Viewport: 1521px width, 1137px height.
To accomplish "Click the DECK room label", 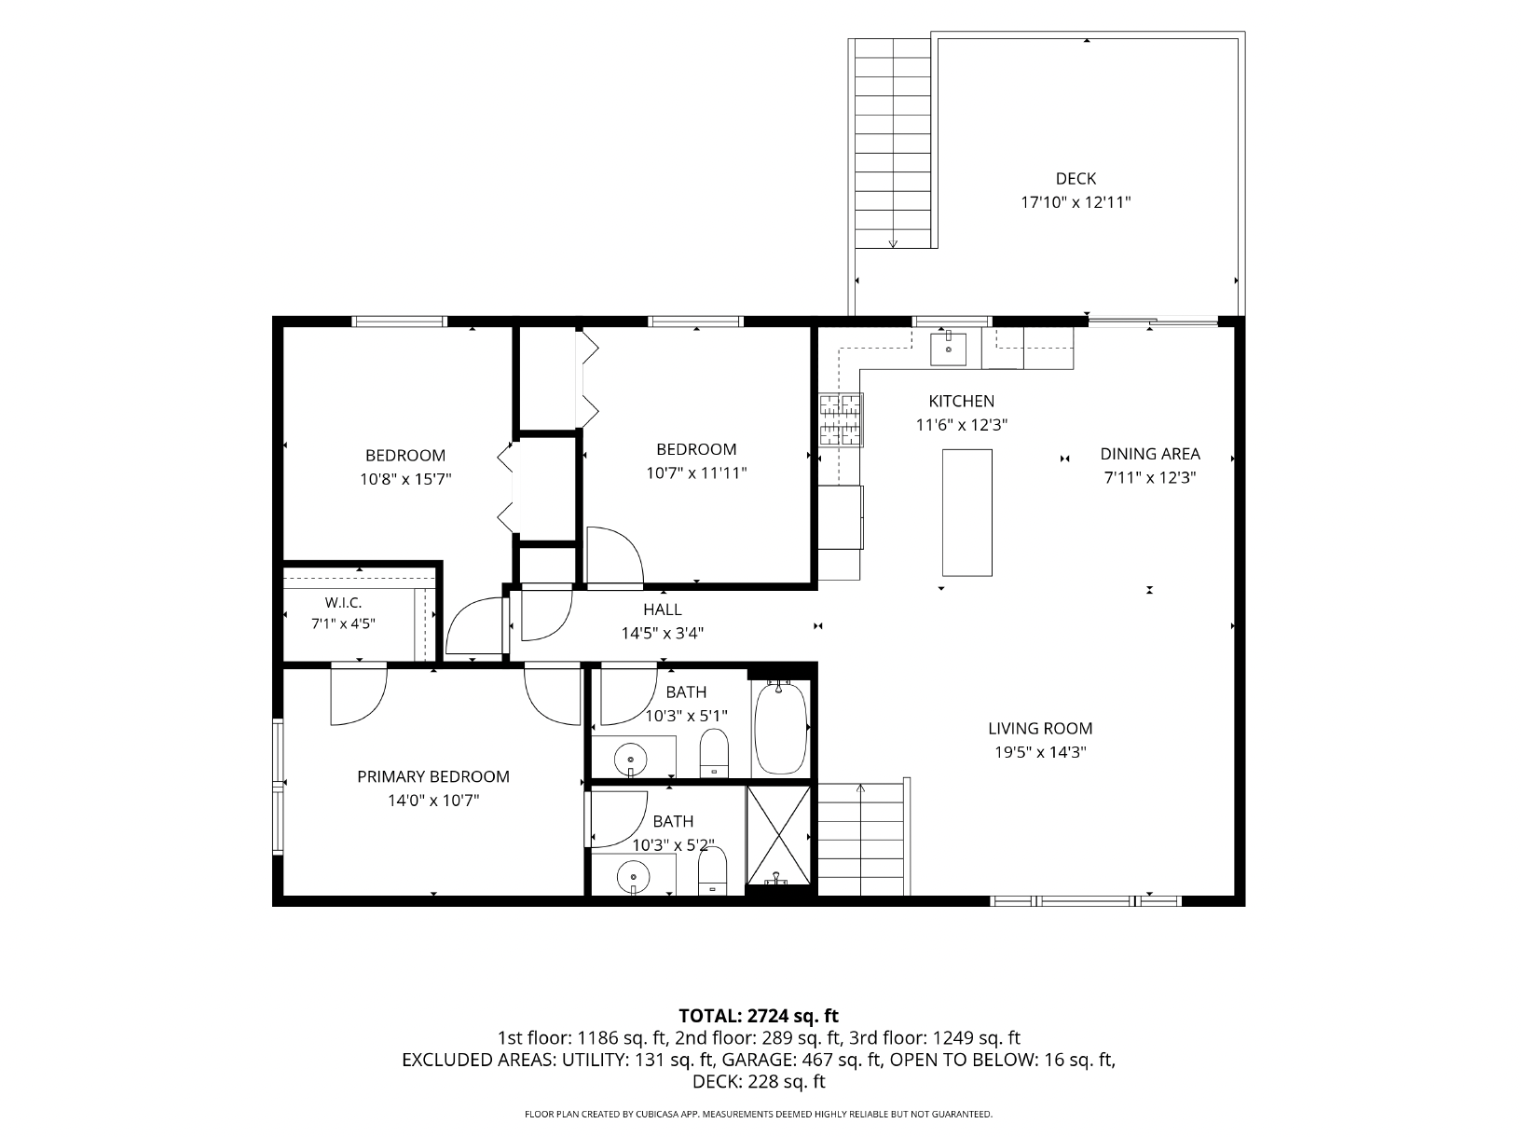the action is coord(1076,179).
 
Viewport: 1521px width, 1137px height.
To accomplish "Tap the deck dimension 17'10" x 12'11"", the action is coord(1076,202).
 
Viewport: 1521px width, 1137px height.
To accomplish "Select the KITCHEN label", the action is coord(961,401).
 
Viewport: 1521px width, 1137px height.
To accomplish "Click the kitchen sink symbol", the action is coord(948,349).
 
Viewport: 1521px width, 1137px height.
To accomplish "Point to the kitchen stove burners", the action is coord(842,419).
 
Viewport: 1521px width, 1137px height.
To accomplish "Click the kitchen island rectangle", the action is coord(966,513).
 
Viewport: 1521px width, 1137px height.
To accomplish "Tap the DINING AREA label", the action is coord(1149,454).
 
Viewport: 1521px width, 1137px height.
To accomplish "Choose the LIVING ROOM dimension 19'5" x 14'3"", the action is coord(1040,752).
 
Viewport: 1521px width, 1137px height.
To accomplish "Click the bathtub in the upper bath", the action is coord(780,728).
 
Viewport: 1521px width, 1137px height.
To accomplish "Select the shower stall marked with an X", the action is coord(778,835).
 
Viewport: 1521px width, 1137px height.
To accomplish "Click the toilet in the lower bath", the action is coord(712,871).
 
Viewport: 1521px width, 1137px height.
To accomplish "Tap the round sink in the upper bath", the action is coord(631,759).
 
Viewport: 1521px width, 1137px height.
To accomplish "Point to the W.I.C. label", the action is coord(343,603).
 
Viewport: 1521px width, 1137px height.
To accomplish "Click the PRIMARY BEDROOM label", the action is coord(433,776).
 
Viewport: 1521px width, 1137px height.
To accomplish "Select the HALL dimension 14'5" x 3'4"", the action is coord(663,633).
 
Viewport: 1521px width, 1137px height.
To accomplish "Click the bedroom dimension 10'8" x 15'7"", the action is coord(405,479).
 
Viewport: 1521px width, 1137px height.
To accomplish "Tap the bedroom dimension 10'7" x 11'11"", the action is coord(696,473).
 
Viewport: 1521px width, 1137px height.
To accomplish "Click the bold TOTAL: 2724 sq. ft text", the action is coord(758,1016).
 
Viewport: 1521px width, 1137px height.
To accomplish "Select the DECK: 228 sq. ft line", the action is coord(759,1082).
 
